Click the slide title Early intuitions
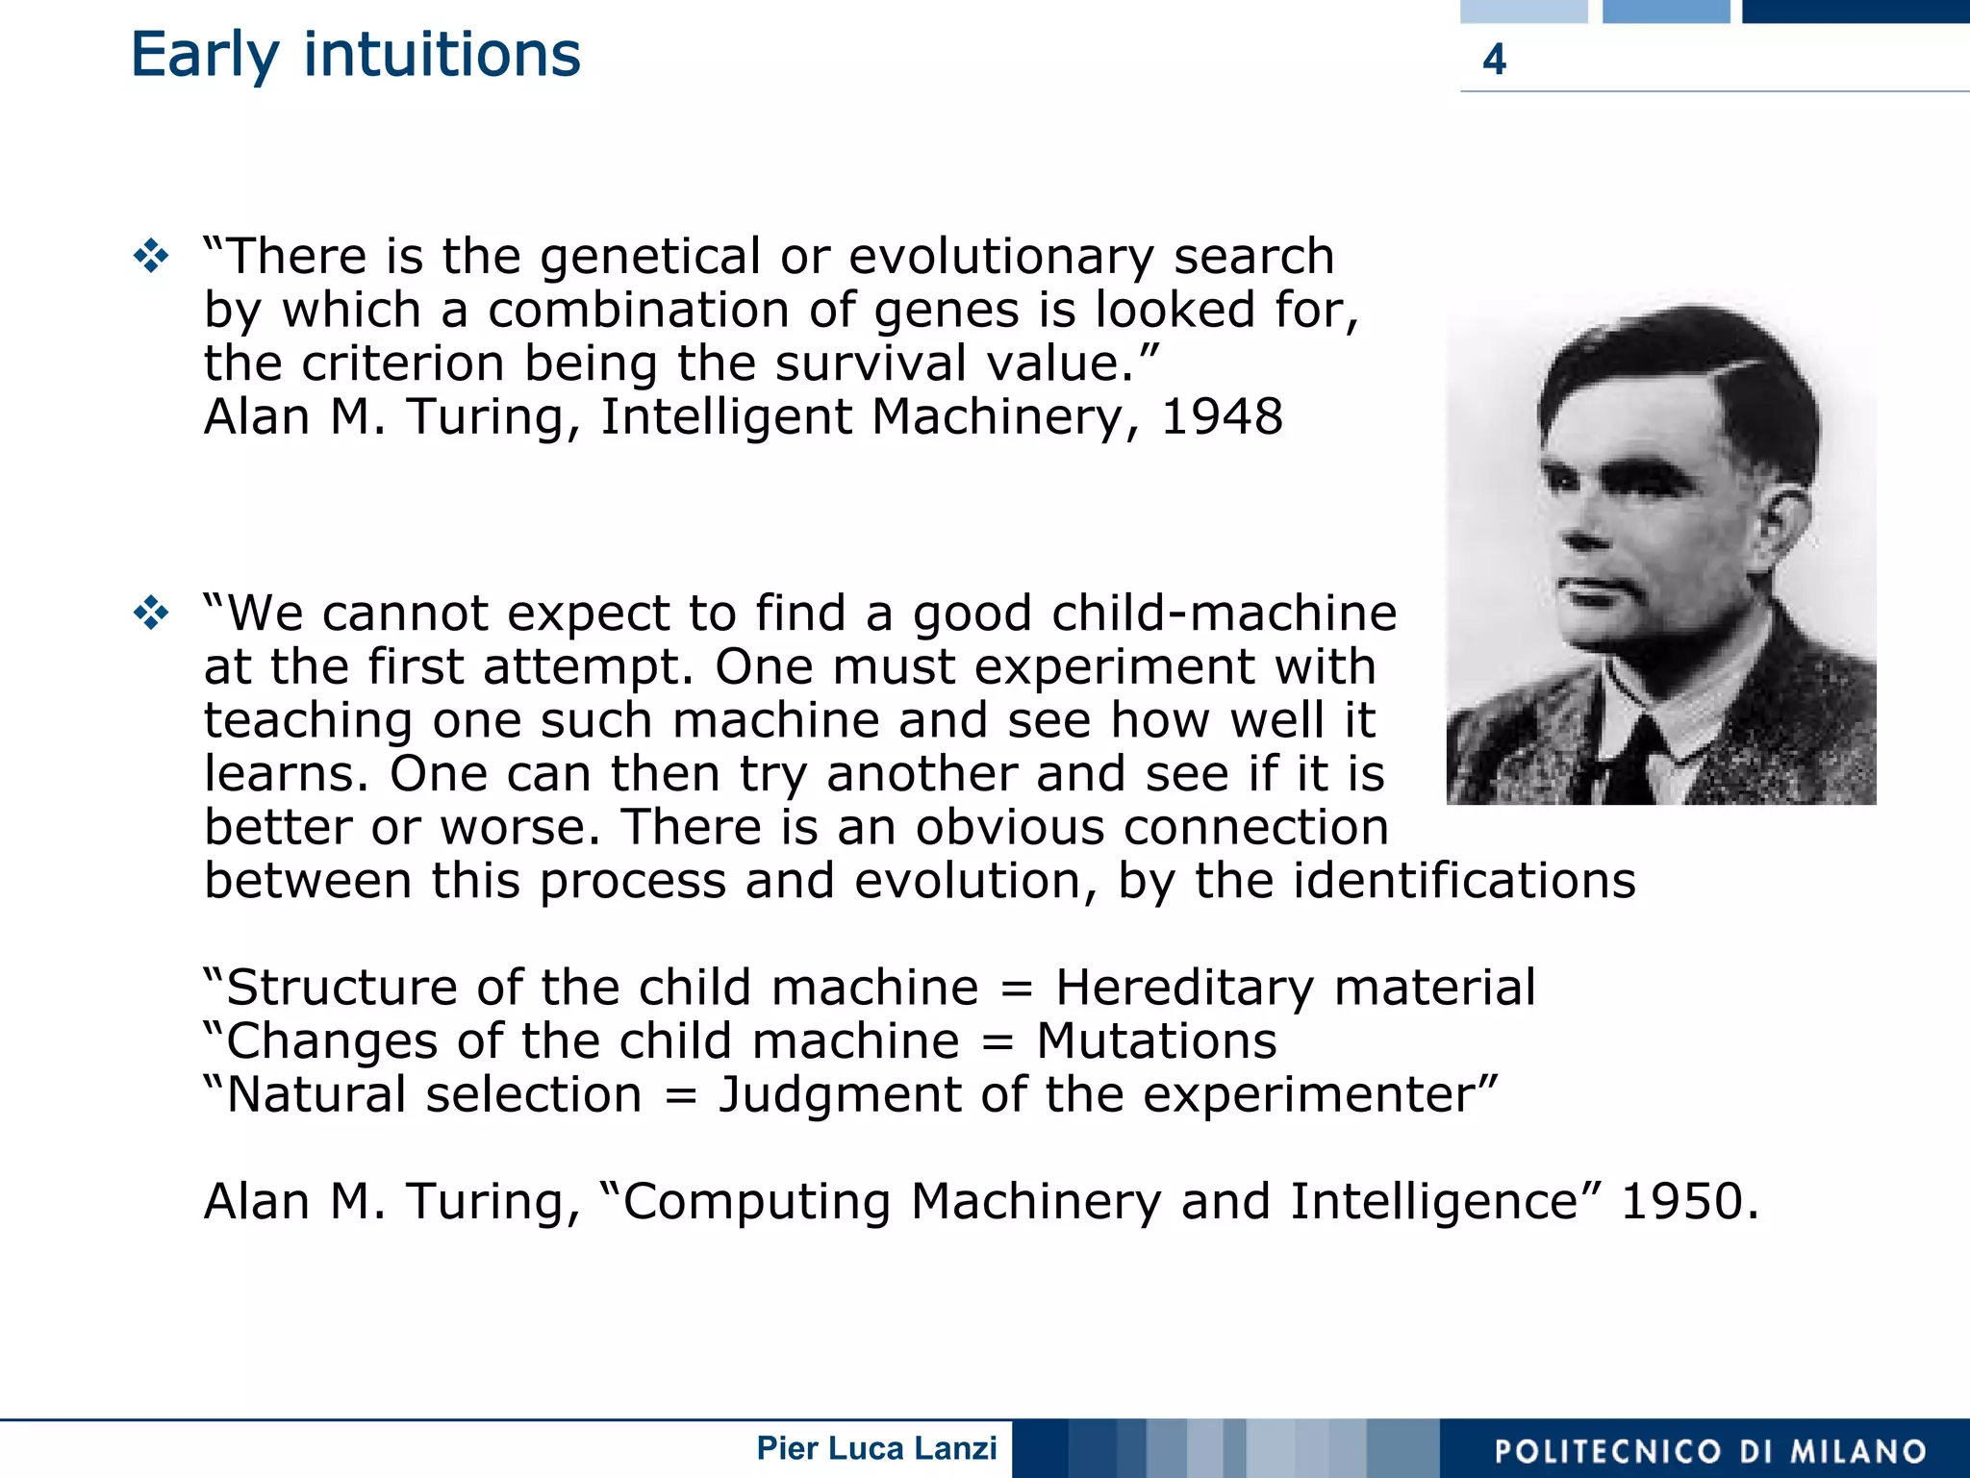click(x=355, y=55)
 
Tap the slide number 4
click(x=1493, y=60)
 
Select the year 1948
click(x=1222, y=417)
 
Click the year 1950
click(x=1689, y=1202)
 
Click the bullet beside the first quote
click(x=152, y=257)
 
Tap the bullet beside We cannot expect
click(x=152, y=613)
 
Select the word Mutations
click(x=1156, y=1041)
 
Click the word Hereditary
click(x=1184, y=989)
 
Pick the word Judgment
click(x=840, y=1095)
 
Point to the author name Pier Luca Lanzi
click(x=876, y=1448)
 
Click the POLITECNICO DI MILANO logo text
click(x=1709, y=1451)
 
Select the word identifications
click(x=1463, y=881)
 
